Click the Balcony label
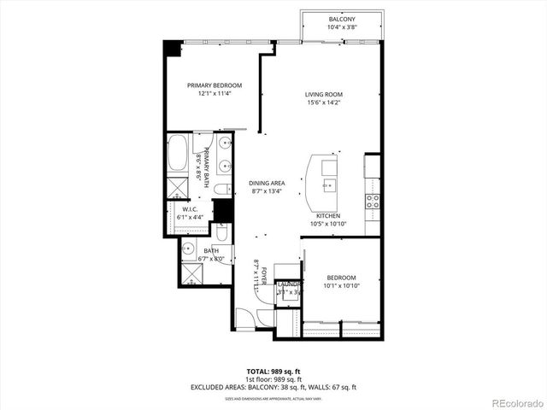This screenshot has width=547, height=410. tap(342, 19)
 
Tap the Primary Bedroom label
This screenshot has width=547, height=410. tap(215, 85)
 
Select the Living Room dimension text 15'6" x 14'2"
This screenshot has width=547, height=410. tap(323, 103)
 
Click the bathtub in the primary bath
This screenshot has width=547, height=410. tap(179, 154)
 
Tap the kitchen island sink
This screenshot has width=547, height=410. tap(328, 183)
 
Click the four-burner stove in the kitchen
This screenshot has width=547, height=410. tap(373, 202)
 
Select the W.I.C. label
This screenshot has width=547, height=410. tap(190, 209)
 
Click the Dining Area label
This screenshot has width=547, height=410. tap(267, 183)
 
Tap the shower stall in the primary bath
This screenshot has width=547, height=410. tap(179, 189)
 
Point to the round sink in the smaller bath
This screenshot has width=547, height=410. tap(188, 249)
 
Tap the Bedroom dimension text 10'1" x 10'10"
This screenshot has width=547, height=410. tap(342, 287)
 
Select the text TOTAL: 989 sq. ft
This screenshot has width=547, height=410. tap(273, 372)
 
